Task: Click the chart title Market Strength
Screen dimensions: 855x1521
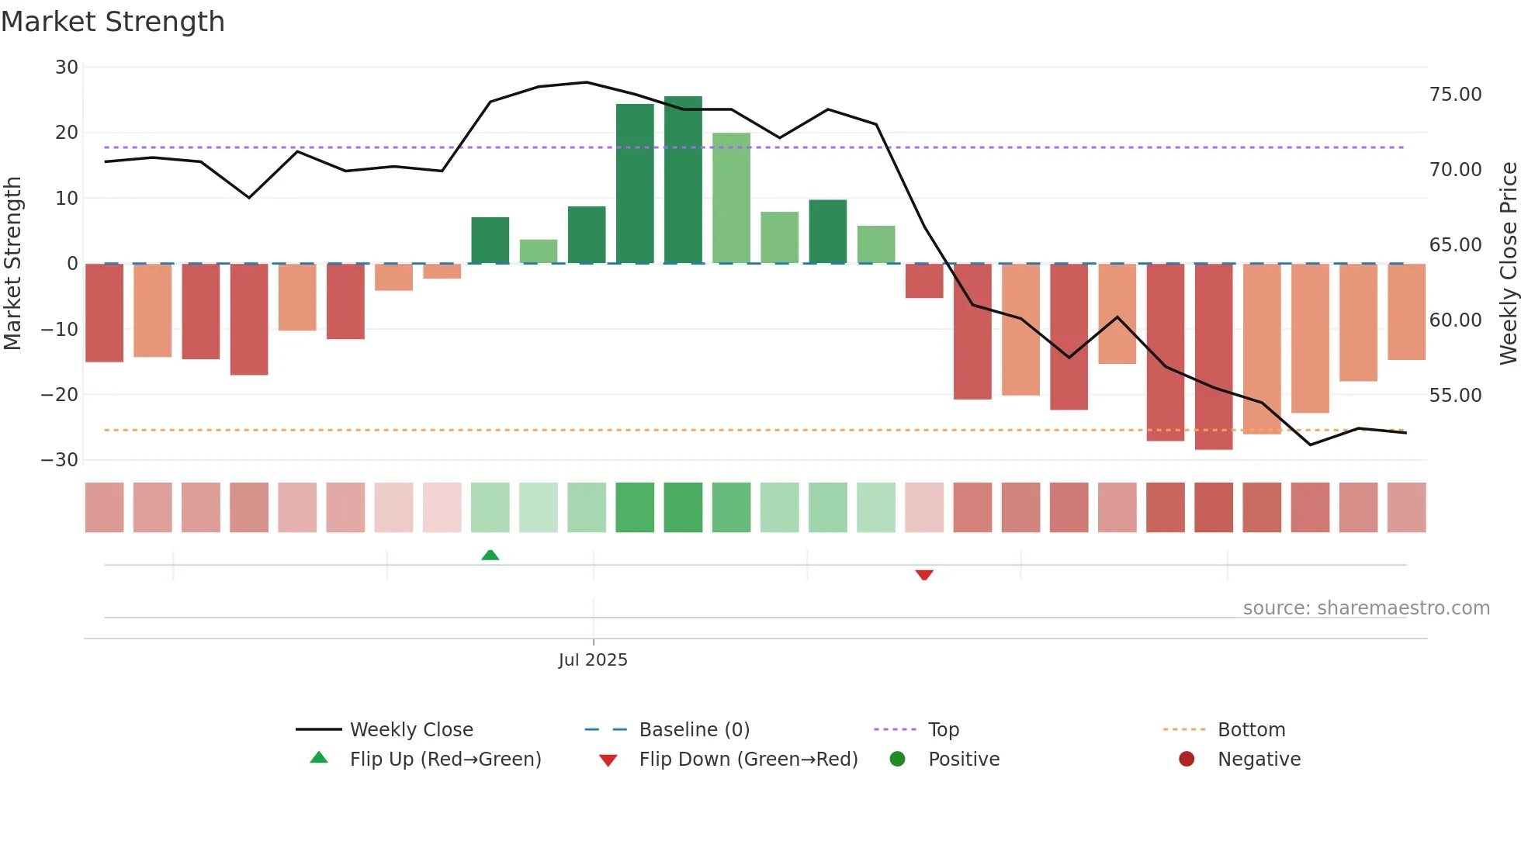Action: [x=113, y=22]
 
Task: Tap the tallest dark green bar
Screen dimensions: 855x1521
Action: [x=683, y=180]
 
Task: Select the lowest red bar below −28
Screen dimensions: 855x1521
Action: [x=1214, y=357]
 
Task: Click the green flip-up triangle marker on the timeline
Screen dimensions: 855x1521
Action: [x=490, y=555]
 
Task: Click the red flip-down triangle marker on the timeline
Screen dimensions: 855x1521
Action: [x=923, y=575]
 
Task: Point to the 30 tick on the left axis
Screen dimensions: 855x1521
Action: [x=67, y=67]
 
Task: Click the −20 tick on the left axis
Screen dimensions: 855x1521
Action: [x=61, y=395]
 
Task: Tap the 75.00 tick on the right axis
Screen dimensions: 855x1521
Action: [x=1455, y=95]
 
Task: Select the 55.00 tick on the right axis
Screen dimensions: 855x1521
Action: [x=1455, y=396]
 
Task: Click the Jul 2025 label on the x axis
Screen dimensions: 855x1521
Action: [x=593, y=660]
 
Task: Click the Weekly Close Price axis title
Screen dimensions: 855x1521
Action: [x=1508, y=264]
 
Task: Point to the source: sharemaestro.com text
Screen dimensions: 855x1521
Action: [x=1366, y=608]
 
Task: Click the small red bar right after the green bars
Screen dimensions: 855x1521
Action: [x=924, y=281]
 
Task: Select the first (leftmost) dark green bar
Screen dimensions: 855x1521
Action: [x=490, y=241]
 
